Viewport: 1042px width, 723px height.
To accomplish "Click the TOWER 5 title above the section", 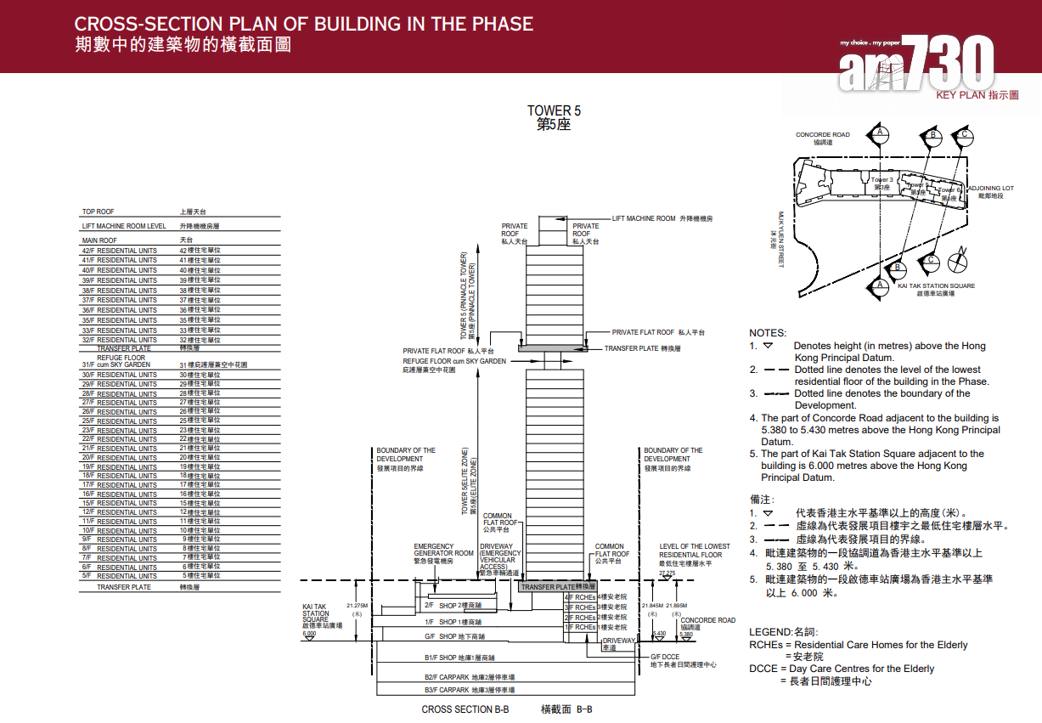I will point(554,110).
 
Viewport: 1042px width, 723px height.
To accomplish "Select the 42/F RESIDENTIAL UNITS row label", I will point(120,251).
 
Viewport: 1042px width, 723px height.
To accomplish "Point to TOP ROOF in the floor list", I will point(98,212).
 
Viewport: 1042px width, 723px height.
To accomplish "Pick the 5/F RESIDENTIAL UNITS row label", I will point(120,575).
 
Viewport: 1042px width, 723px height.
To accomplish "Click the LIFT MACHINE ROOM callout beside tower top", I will point(644,218).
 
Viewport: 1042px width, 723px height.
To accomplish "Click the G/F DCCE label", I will point(665,657).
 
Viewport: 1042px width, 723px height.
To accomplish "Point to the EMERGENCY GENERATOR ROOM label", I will point(443,550).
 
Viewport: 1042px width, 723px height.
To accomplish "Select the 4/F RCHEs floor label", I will point(581,597).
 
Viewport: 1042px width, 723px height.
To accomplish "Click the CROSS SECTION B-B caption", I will point(465,709).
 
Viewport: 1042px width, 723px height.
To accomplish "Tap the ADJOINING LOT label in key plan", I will point(990,189).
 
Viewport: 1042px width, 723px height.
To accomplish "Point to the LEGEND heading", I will point(769,632).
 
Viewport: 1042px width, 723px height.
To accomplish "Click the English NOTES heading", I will point(767,333).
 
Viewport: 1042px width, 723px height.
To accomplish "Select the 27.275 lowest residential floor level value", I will point(669,573).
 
